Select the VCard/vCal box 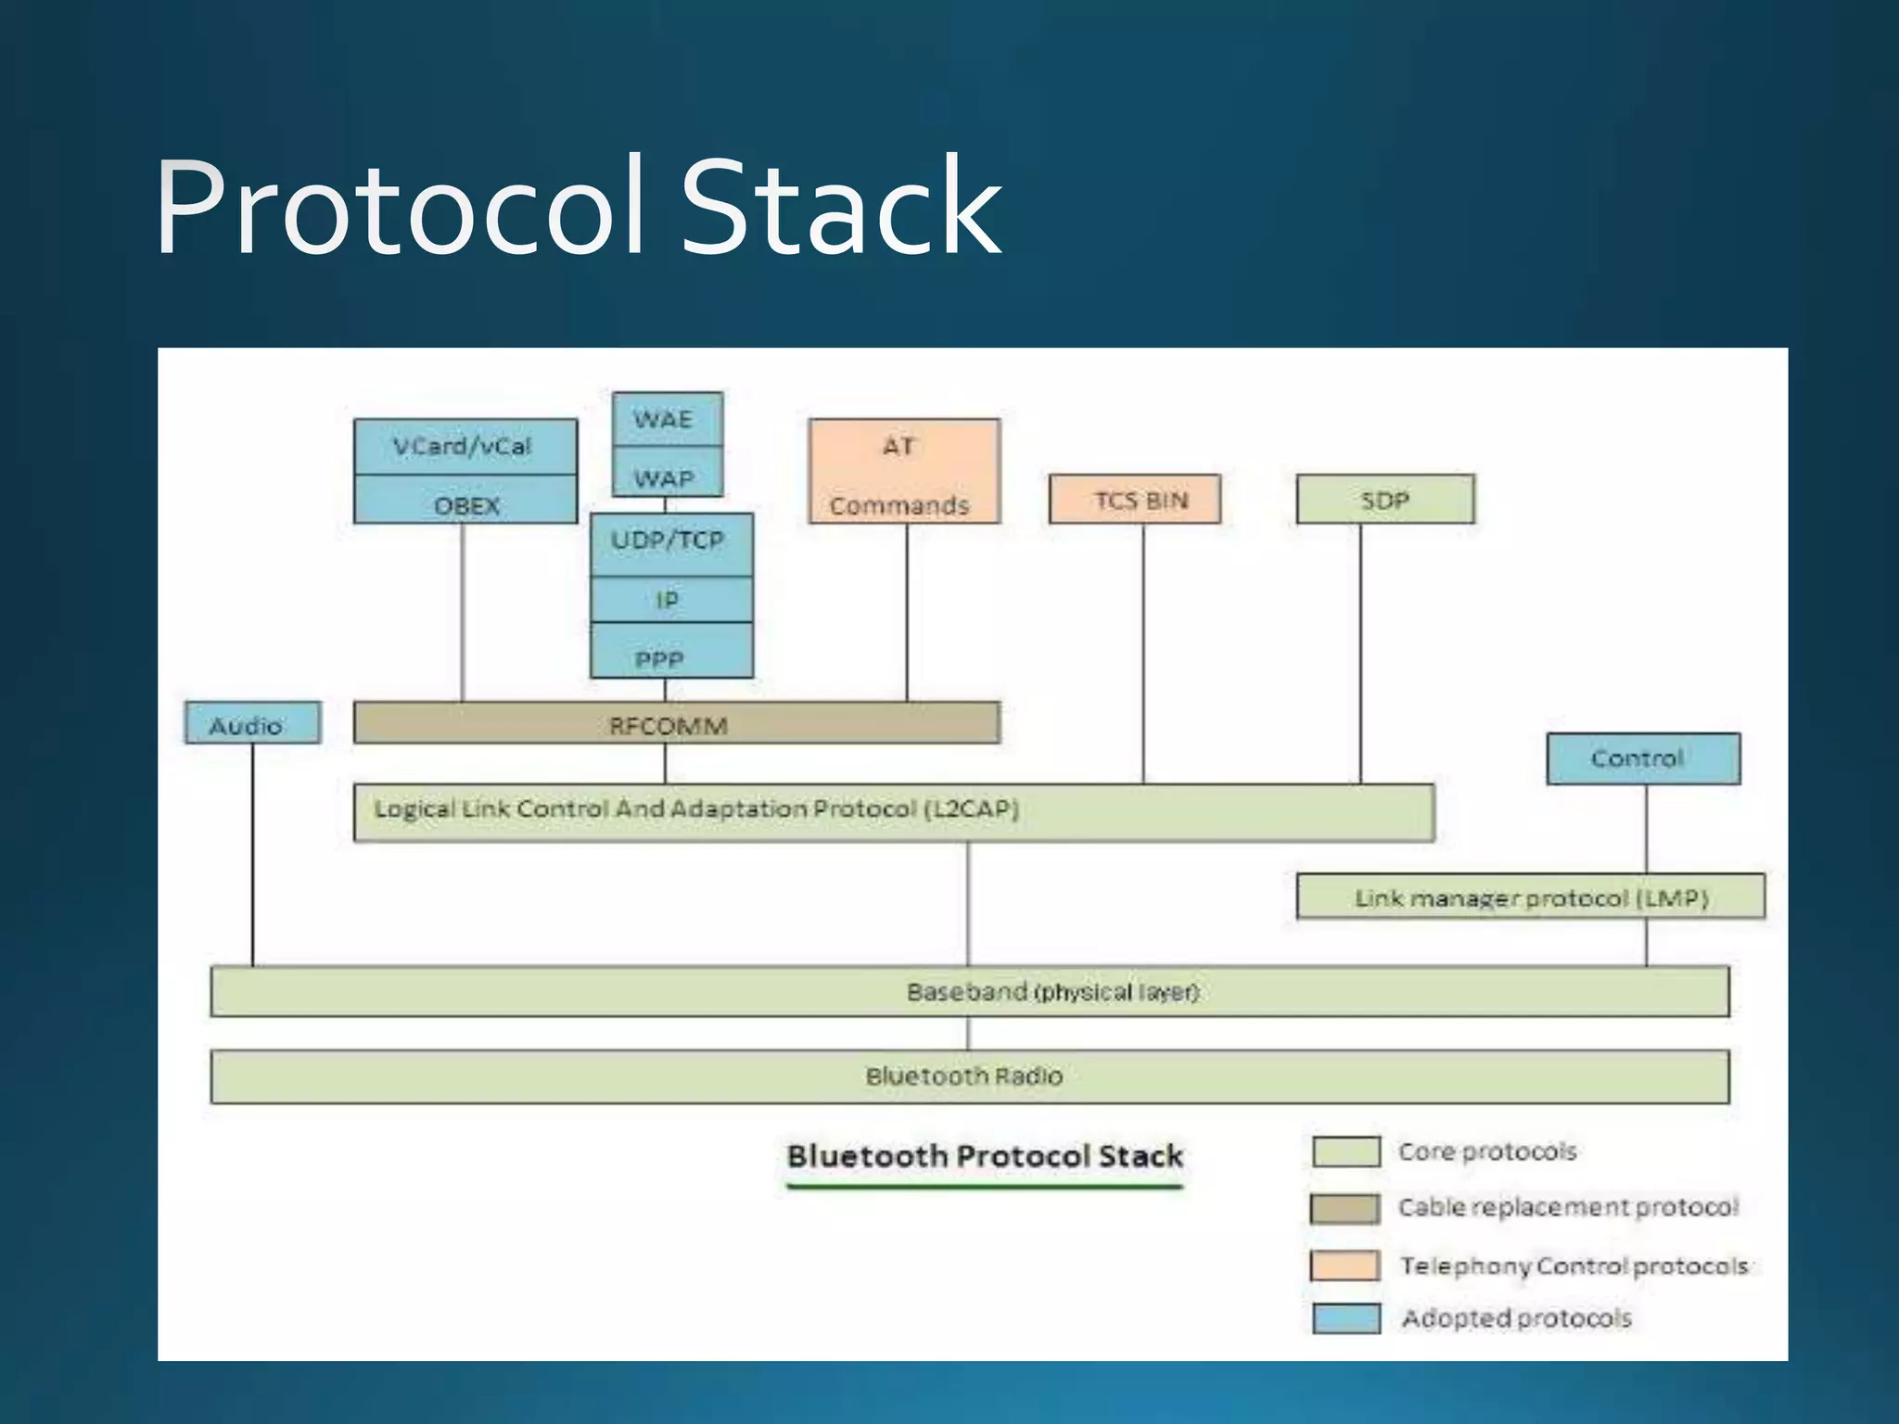(465, 447)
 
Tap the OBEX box (465, 503)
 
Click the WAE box (666, 419)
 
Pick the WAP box (666, 477)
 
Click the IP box (670, 600)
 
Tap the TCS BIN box (1135, 500)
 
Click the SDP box (1384, 500)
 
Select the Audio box (252, 723)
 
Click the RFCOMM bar (676, 723)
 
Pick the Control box (1642, 758)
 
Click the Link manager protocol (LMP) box (1530, 896)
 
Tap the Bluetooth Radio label (964, 1075)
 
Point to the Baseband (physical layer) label (1053, 991)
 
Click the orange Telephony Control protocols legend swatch (1345, 1265)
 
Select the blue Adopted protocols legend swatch (1345, 1317)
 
